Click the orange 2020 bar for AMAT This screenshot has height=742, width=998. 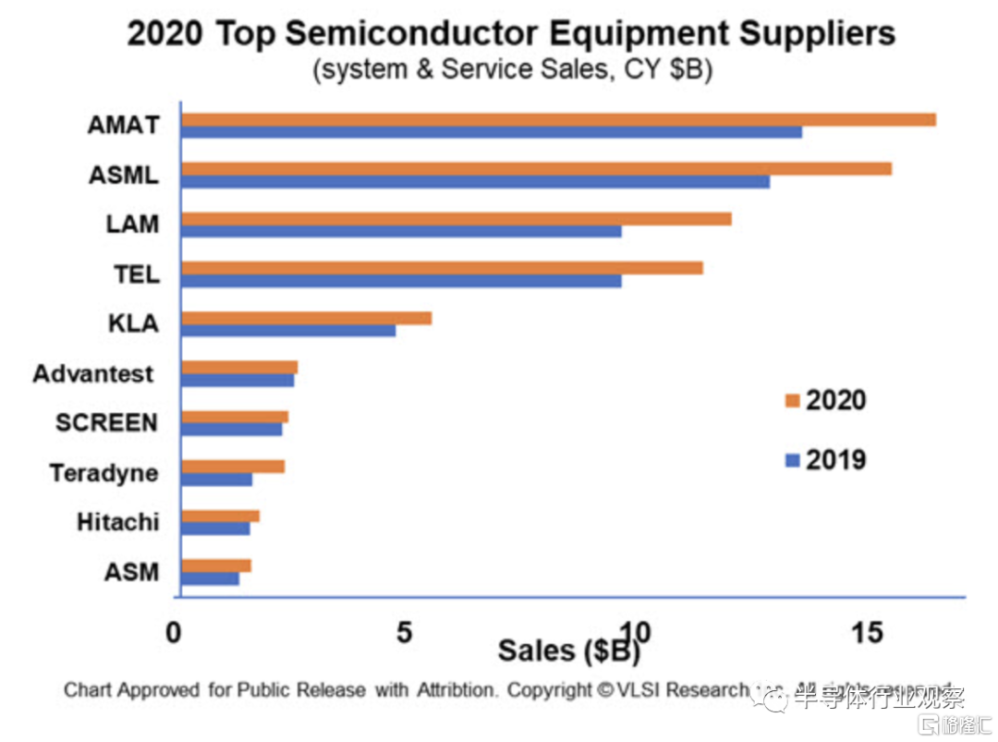point(558,119)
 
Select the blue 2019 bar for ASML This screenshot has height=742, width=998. point(475,181)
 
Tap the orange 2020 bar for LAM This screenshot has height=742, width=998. point(456,219)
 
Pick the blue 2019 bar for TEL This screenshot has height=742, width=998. point(401,281)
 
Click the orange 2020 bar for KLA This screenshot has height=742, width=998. point(306,318)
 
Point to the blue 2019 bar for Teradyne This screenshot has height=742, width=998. point(216,480)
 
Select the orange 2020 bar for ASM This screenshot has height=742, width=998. point(215,566)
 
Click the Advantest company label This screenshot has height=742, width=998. point(92,374)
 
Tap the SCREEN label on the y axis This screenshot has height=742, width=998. point(106,423)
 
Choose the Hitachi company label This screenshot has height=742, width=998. point(117,522)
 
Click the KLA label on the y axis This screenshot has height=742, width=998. point(133,324)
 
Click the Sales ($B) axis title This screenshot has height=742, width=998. point(568,651)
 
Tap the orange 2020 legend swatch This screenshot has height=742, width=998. point(791,400)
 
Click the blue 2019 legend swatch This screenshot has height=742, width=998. point(791,460)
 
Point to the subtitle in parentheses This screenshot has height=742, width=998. point(512,71)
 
